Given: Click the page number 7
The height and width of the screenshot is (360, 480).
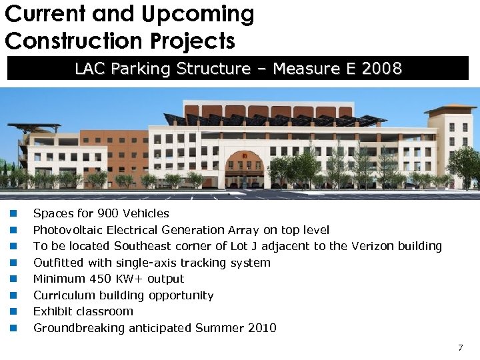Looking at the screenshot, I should pos(460,348).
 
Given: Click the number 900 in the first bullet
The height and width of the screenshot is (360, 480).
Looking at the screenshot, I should pos(108,214).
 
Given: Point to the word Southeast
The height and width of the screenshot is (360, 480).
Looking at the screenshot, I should pos(145,246).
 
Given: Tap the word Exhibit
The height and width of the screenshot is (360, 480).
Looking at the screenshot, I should pos(50,311).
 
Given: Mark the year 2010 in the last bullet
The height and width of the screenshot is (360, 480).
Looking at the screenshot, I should pos(261,328).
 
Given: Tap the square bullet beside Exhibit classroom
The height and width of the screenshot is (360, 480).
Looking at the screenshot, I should pos(12,312).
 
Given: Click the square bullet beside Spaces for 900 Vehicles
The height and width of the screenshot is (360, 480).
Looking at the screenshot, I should pos(12,214).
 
